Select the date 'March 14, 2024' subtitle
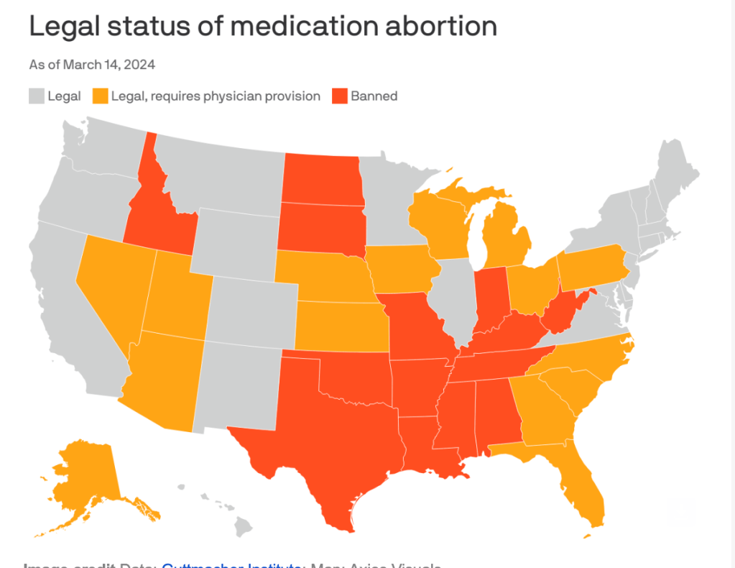(109, 65)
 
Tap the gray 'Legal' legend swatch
(37, 96)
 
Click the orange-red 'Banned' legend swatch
(339, 96)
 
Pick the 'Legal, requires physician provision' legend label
(216, 96)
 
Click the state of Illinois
(453, 295)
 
